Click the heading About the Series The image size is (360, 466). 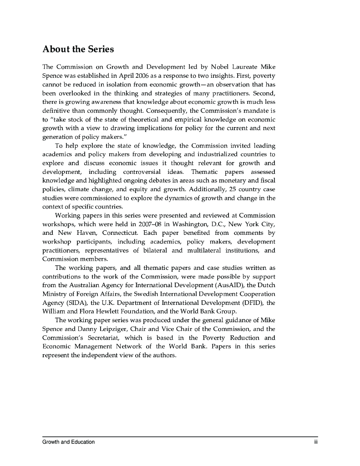click(x=78, y=49)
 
